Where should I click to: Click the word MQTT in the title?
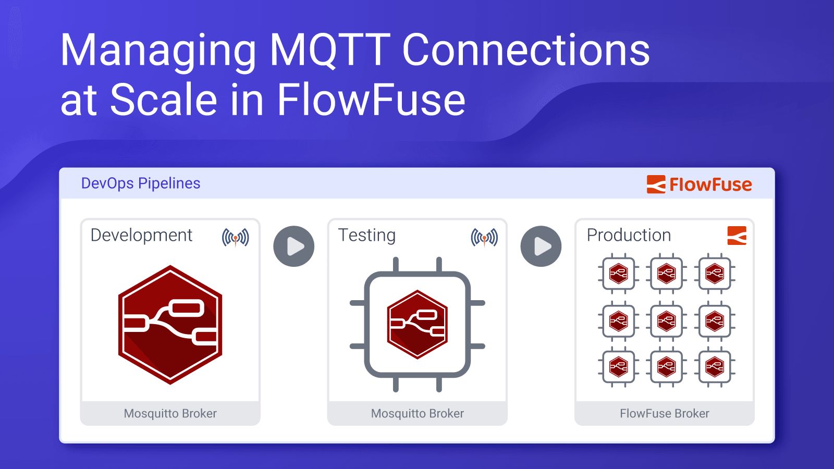pyautogui.click(x=329, y=51)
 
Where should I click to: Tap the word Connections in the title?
pyautogui.click(x=525, y=51)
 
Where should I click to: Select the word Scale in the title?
pyautogui.click(x=164, y=100)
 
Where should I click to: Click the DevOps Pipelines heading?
pyautogui.click(x=141, y=183)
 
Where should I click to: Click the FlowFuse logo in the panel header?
pyautogui.click(x=699, y=184)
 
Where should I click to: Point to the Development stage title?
pyautogui.click(x=141, y=235)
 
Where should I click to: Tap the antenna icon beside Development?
pyautogui.click(x=235, y=238)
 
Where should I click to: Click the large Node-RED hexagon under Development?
pyautogui.click(x=170, y=325)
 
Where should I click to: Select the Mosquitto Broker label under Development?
pyautogui.click(x=170, y=413)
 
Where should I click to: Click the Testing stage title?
pyautogui.click(x=366, y=235)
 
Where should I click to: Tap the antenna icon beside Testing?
pyautogui.click(x=484, y=238)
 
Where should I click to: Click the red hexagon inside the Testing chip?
pyautogui.click(x=417, y=324)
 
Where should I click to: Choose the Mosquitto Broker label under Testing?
pyautogui.click(x=417, y=413)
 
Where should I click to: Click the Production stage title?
pyautogui.click(x=629, y=235)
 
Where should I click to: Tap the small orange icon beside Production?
pyautogui.click(x=737, y=236)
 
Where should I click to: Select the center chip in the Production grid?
pyautogui.click(x=666, y=321)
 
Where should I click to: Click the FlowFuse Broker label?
pyautogui.click(x=664, y=413)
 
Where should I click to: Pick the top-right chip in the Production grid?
pyautogui.click(x=714, y=273)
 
